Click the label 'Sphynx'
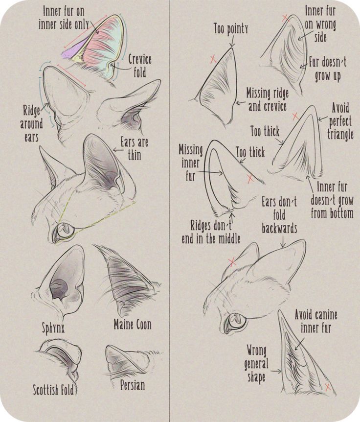(x=53, y=328)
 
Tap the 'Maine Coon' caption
(x=133, y=324)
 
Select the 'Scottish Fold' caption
(x=53, y=390)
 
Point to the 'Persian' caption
(x=132, y=385)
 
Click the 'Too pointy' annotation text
(x=230, y=29)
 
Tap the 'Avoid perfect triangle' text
(x=340, y=120)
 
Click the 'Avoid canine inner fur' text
(x=315, y=321)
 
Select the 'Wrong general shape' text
(x=256, y=363)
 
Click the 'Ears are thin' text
(x=134, y=149)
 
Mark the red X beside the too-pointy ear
(x=213, y=59)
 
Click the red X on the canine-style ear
(x=328, y=387)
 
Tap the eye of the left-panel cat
(x=63, y=230)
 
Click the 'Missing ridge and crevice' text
(x=267, y=99)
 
